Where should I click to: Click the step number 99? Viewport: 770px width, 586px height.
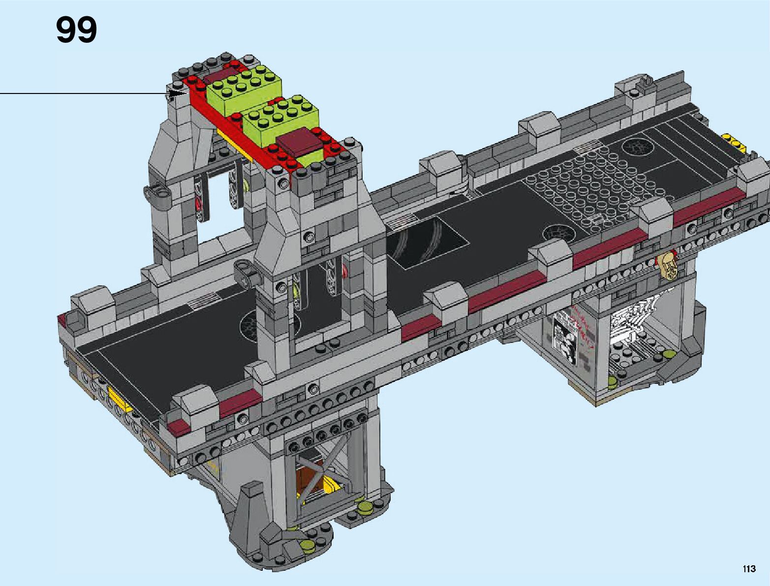(76, 30)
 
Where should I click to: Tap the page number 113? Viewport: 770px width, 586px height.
(749, 568)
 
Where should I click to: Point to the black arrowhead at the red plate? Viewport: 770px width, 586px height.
(177, 93)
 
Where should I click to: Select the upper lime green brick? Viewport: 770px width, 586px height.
(244, 90)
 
